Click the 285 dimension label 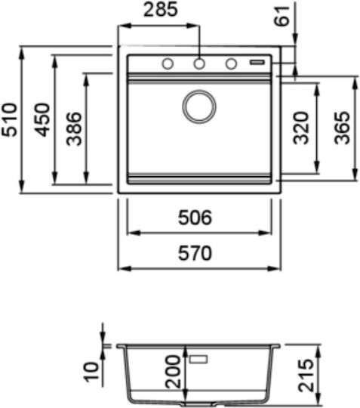161,10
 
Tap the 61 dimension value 282,16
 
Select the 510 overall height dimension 9,119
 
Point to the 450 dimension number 42,119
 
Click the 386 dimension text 74,128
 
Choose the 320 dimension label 300,128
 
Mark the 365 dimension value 342,128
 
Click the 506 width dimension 195,218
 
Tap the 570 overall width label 195,253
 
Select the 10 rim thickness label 92,372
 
